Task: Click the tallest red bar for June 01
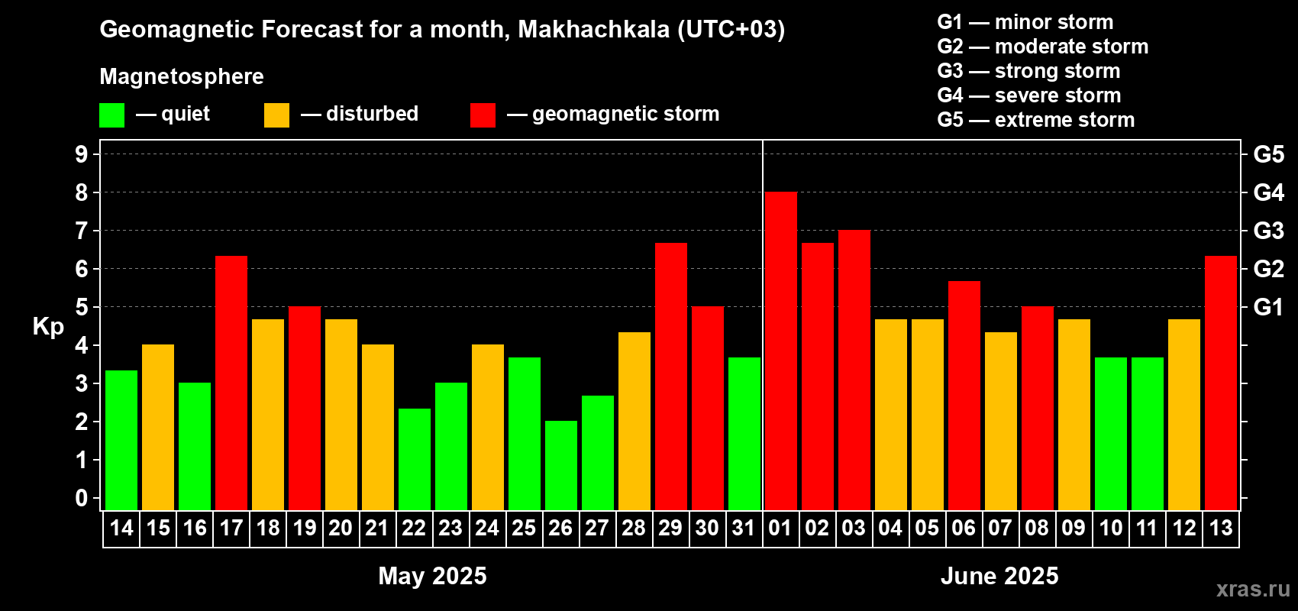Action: [780, 351]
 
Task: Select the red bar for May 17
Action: [231, 383]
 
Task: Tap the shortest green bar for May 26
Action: [561, 465]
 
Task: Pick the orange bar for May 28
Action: [634, 422]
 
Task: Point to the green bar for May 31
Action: [744, 435]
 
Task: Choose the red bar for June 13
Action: [1221, 383]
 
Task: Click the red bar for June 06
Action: [964, 396]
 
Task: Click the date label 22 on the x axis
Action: [414, 528]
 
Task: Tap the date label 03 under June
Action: [854, 528]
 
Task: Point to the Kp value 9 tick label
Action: [81, 154]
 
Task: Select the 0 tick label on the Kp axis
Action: [81, 498]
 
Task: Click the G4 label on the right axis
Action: [1268, 192]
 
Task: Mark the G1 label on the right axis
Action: [1268, 307]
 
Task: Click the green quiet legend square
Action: [111, 115]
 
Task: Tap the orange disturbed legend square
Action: [276, 115]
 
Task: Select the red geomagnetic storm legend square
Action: [483, 115]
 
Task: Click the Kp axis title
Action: [48, 328]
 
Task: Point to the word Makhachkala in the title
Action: [593, 29]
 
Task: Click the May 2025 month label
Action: [432, 576]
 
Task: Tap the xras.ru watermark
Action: [1253, 589]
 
